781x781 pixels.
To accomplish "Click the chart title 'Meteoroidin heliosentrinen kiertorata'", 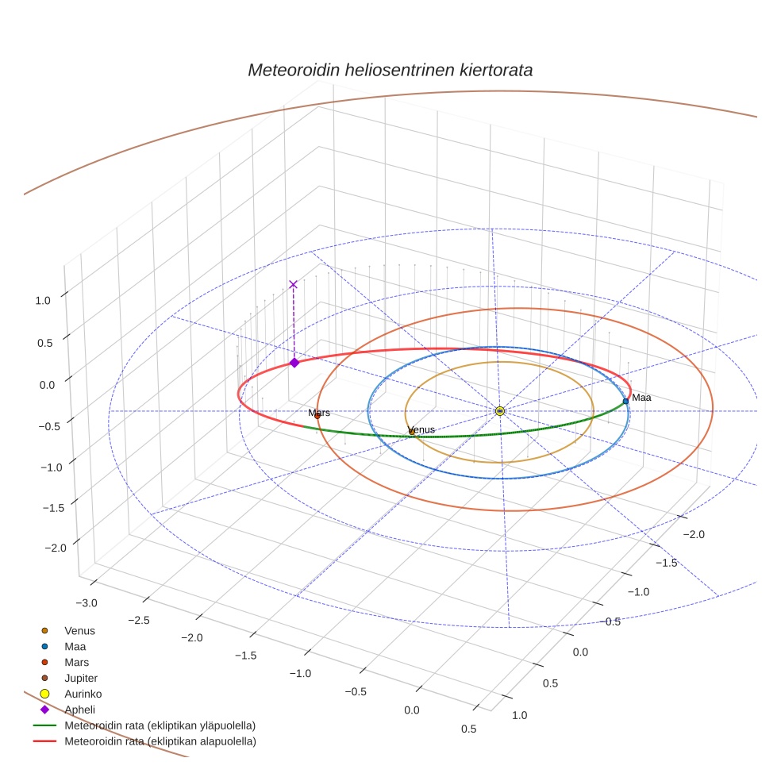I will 390,70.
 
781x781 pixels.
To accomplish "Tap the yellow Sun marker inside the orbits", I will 499,410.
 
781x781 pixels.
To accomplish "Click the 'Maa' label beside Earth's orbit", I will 641,398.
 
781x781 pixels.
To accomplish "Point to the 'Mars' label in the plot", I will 319,413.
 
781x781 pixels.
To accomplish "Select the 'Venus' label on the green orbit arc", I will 421,430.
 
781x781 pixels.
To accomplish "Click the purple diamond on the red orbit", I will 294,363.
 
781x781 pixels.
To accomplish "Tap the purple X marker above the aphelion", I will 293,284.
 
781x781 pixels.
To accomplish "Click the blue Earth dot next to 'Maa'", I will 625,401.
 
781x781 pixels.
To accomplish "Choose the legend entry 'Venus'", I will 79,631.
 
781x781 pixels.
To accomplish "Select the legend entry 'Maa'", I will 75,647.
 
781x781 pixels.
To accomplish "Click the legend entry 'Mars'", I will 76,662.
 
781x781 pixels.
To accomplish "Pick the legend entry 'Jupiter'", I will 81,678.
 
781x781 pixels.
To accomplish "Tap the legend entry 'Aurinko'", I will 83,694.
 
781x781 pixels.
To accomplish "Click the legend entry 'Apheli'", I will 79,710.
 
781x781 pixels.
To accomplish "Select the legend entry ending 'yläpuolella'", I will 160,725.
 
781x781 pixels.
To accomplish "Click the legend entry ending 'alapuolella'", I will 160,741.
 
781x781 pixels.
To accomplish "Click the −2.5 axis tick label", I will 138,620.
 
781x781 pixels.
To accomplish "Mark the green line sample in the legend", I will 44,725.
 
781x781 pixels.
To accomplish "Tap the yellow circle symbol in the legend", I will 44,694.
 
